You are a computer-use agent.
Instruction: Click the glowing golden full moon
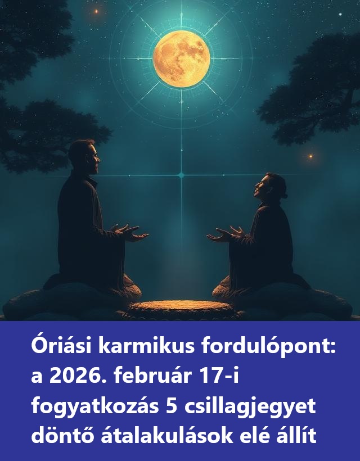point(182,59)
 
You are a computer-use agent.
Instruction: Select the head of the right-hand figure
point(271,187)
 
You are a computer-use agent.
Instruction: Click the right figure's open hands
point(225,234)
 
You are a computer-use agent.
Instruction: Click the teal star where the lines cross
point(181,175)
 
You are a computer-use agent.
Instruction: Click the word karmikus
point(146,346)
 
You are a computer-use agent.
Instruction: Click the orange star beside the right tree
point(310,156)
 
